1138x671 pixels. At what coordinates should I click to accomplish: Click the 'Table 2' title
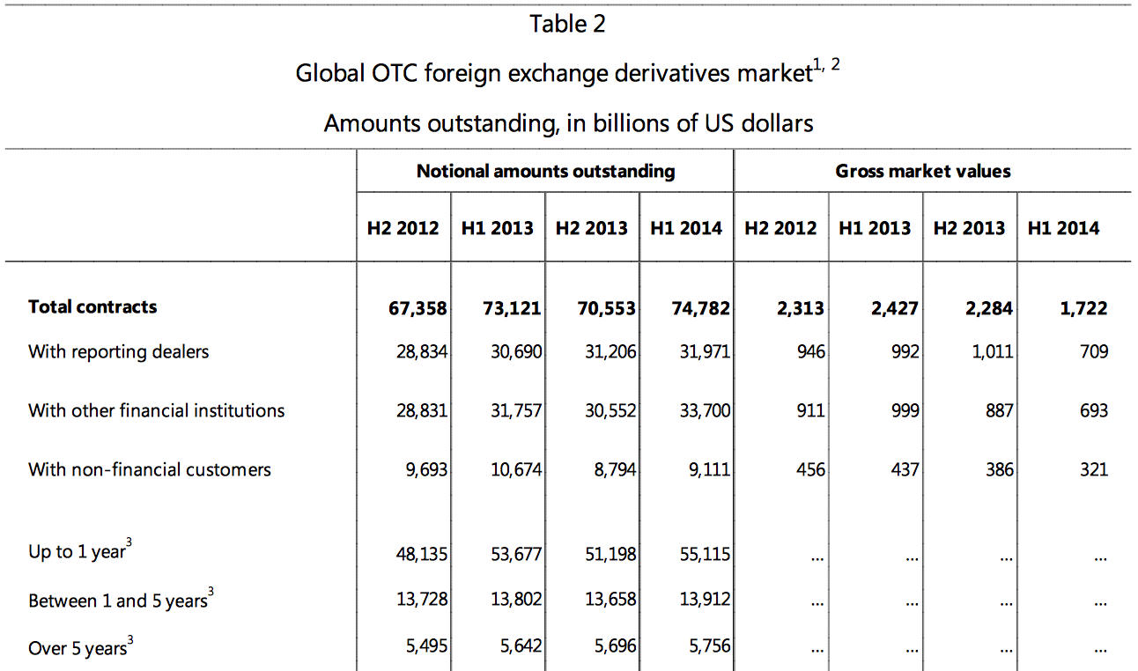click(x=568, y=24)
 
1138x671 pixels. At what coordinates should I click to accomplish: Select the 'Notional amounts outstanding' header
click(x=545, y=171)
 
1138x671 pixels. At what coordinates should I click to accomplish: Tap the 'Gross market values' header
click(x=923, y=171)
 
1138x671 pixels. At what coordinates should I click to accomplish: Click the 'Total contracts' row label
click(x=92, y=306)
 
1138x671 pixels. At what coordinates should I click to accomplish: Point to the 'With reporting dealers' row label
click(x=119, y=351)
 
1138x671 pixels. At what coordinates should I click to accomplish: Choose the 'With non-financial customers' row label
click(x=150, y=469)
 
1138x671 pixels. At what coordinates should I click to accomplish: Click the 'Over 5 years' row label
click(x=79, y=648)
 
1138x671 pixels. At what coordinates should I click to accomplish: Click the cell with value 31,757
click(x=515, y=410)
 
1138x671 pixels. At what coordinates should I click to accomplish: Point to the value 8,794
click(x=615, y=470)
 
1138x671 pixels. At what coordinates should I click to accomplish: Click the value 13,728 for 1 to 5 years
click(x=421, y=601)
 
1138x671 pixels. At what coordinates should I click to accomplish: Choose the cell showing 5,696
click(x=614, y=648)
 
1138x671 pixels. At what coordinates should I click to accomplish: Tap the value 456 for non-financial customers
click(x=810, y=470)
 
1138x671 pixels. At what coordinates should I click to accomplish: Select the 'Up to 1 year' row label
click(x=78, y=553)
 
